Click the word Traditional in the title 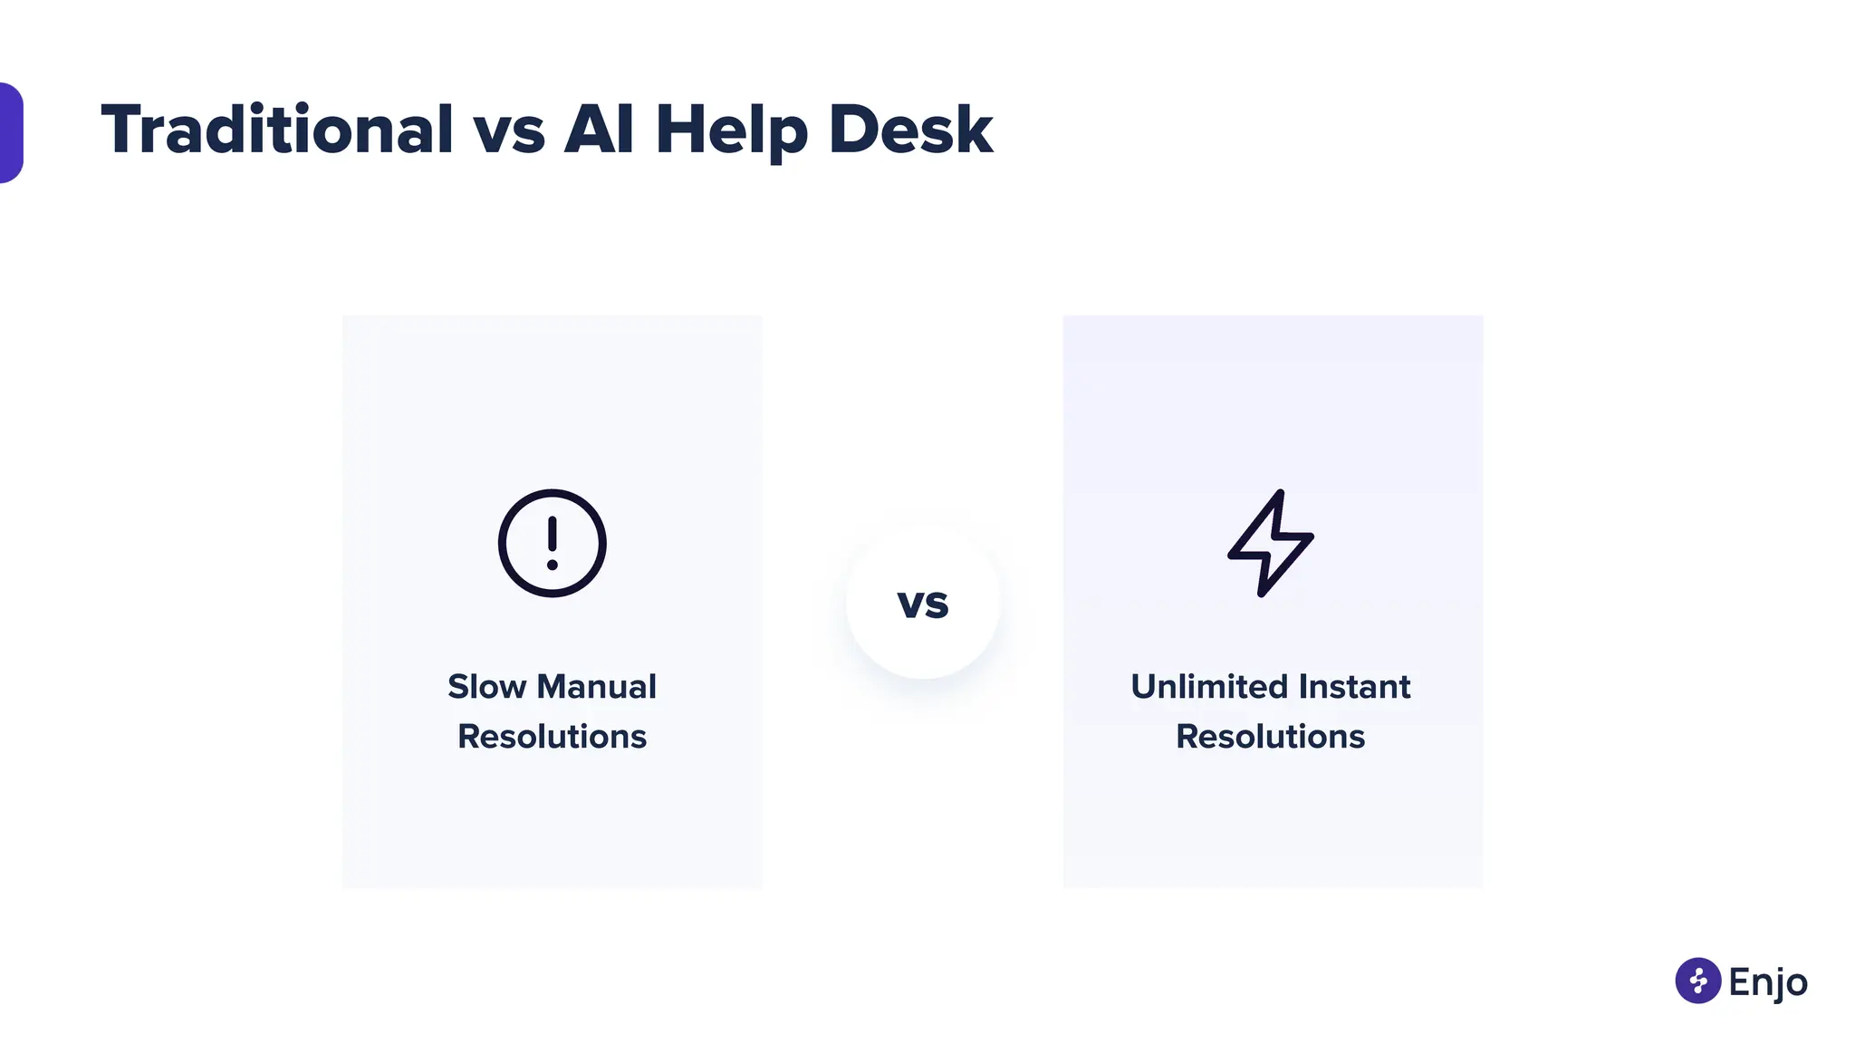click(276, 130)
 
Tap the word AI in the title click(599, 130)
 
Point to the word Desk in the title click(910, 130)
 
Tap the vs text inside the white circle click(923, 604)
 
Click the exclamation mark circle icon click(553, 543)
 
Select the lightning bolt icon click(1271, 543)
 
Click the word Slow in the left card click(486, 687)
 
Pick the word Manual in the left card click(597, 687)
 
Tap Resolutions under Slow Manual click(553, 737)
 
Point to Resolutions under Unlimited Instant click(1270, 737)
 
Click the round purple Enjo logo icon click(1698, 981)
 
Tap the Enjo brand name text click(1768, 981)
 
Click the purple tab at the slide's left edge click(10, 132)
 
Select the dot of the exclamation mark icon click(553, 565)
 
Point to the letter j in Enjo click(1777, 984)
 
